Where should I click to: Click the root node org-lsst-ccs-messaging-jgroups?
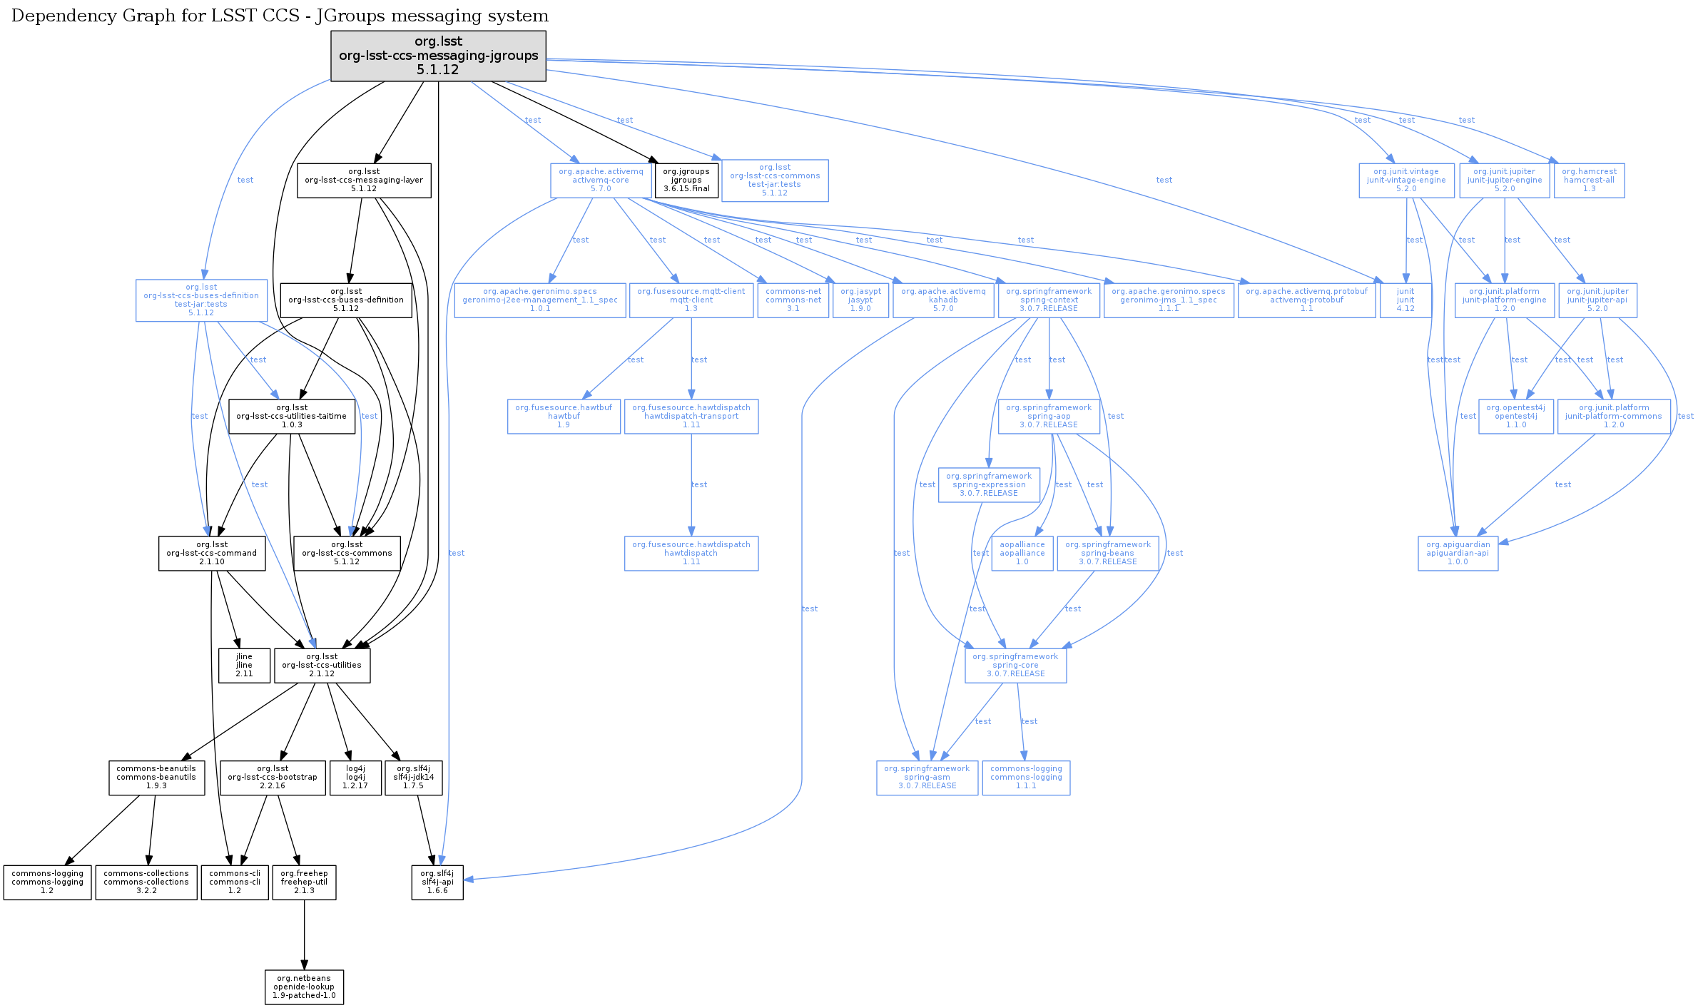pos(438,56)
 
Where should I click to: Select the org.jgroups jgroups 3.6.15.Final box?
pos(686,180)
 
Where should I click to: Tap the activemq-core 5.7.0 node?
pos(601,180)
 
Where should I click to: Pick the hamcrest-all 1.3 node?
pos(1589,180)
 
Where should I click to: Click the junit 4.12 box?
pos(1405,300)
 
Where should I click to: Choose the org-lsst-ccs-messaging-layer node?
pos(364,180)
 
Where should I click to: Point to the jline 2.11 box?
pos(244,665)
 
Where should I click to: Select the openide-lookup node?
pos(304,987)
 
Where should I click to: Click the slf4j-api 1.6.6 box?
pos(437,882)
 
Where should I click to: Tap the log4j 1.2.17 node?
pos(355,778)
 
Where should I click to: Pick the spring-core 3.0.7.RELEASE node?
pos(1015,665)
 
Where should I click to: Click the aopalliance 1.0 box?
pos(1022,554)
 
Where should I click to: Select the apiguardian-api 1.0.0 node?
pos(1458,554)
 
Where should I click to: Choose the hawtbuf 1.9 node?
pos(564,417)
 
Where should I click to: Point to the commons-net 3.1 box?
pos(793,300)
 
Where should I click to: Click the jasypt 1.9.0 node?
pos(860,300)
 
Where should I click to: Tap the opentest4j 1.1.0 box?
pos(1515,417)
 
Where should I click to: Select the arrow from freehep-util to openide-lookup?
pos(304,935)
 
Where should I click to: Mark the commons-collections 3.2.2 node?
pos(146,882)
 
